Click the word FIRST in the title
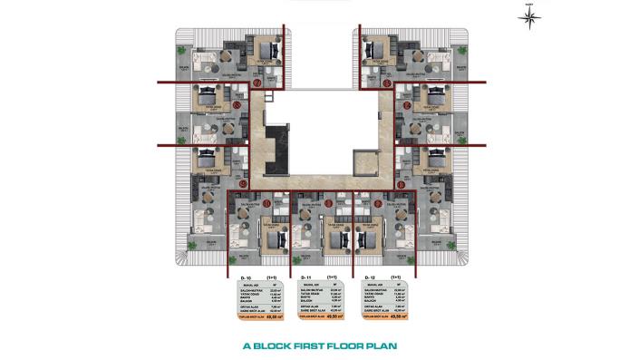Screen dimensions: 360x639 pos(318,345)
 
